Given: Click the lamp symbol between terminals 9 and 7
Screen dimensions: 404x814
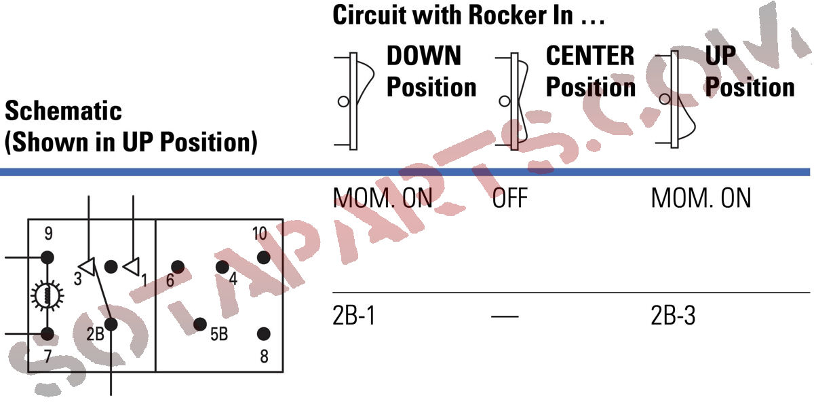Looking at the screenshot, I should point(47,295).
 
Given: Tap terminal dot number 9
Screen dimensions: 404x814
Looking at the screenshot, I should point(47,257).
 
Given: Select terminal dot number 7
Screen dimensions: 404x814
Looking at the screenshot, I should point(47,333).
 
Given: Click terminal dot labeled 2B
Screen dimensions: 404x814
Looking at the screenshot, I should point(111,325).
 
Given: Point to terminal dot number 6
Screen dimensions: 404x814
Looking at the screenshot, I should point(178,267).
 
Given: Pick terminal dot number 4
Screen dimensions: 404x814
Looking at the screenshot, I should point(222,266).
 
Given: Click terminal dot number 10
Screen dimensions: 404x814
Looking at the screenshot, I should point(263,258).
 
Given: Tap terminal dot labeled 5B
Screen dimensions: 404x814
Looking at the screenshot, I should point(199,324).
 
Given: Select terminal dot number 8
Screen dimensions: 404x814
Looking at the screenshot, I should point(264,333).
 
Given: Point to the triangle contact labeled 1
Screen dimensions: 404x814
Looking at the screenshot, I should point(132,265).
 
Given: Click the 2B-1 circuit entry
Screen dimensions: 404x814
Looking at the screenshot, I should point(354,316).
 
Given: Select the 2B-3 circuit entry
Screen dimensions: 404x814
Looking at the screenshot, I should point(673,316).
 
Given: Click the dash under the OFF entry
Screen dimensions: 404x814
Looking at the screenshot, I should point(504,317).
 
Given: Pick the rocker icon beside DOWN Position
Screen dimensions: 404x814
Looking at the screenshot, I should point(355,100).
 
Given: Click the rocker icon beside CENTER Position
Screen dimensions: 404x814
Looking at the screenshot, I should point(514,100).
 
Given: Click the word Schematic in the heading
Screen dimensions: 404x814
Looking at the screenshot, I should point(63,111).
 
